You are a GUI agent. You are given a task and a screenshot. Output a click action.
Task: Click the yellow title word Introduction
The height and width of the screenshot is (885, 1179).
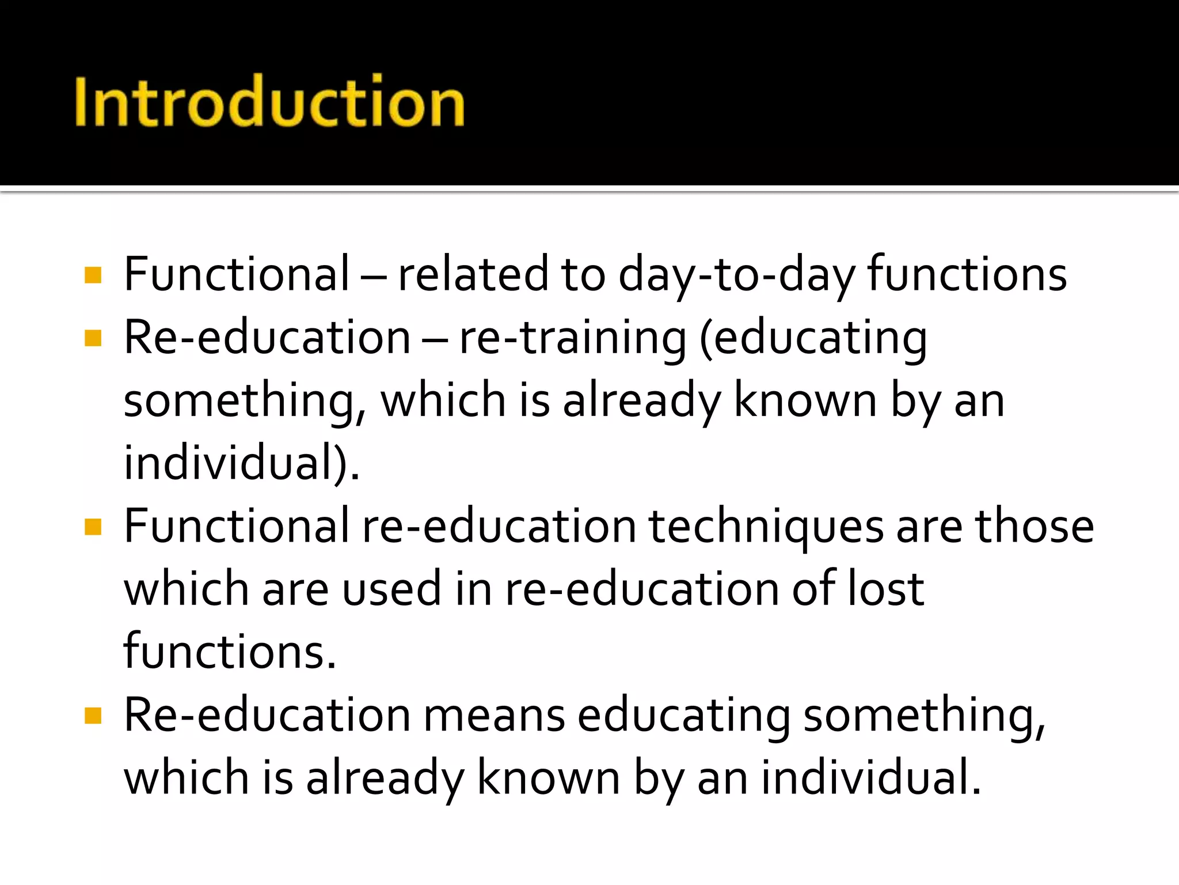point(269,101)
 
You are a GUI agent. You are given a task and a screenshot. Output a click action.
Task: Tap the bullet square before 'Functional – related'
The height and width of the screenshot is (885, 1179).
point(93,275)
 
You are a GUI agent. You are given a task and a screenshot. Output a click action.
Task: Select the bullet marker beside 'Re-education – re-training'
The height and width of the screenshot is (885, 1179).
point(93,338)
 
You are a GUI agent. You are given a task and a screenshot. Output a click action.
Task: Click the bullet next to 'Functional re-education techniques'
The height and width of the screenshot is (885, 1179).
point(93,527)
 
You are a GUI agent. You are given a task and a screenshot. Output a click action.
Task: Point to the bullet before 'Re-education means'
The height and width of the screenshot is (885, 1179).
point(93,716)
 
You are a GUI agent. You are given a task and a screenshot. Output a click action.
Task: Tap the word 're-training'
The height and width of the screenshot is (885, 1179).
point(572,338)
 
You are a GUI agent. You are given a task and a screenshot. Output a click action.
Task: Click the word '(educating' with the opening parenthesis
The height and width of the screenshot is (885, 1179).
point(812,338)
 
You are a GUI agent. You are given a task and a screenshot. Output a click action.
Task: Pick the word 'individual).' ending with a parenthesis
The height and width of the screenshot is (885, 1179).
point(242,463)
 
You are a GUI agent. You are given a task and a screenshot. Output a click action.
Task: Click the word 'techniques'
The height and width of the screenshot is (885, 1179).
point(766,527)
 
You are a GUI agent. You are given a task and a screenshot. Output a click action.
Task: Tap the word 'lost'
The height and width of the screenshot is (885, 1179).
point(885,589)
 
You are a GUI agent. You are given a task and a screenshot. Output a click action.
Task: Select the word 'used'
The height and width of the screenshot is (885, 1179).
point(391,589)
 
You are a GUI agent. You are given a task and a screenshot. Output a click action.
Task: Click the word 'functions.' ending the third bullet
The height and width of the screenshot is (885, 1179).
point(230,652)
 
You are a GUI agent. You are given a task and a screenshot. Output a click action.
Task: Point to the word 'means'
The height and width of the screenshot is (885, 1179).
point(494,716)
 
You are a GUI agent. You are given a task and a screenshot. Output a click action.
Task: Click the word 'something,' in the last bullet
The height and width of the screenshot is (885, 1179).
point(924,716)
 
